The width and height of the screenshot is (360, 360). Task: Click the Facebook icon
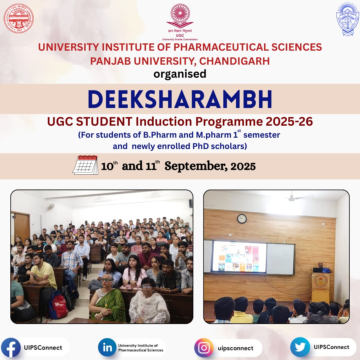[x=11, y=347]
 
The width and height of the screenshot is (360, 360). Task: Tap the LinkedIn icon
[x=107, y=347]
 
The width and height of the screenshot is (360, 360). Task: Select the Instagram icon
[x=204, y=348]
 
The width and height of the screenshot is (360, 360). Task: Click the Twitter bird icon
[x=300, y=347]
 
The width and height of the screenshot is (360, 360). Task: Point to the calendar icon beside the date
[x=85, y=165]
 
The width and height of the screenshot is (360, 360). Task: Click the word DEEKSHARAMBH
[x=180, y=99]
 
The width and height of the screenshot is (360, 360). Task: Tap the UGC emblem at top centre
[x=180, y=17]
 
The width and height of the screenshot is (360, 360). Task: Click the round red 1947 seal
[x=19, y=18]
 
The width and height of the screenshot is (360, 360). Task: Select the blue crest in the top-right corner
[x=347, y=19]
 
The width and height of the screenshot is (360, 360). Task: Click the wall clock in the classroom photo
[x=242, y=219]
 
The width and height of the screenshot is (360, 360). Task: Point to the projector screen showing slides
[x=240, y=256]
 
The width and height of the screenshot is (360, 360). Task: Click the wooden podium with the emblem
[x=320, y=287]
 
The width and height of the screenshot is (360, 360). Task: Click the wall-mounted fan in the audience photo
[x=50, y=207]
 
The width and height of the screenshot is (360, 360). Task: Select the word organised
[x=180, y=74]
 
